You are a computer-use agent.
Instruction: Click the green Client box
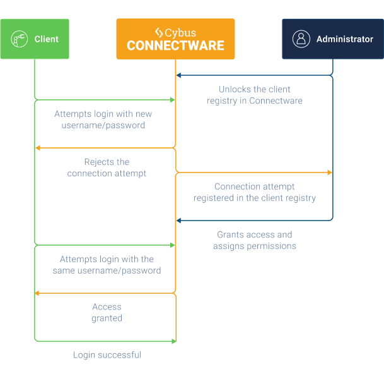pyautogui.click(x=35, y=39)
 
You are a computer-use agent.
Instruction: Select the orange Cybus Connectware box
pyautogui.click(x=175, y=39)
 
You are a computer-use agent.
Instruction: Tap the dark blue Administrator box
pyautogui.click(x=332, y=39)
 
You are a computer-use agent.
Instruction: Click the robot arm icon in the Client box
pyautogui.click(x=20, y=39)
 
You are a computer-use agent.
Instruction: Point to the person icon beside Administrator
pyautogui.click(x=301, y=39)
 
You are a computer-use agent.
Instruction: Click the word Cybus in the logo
pyautogui.click(x=180, y=32)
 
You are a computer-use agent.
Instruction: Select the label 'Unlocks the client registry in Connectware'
pyautogui.click(x=255, y=95)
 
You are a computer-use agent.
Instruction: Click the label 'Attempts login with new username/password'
pyautogui.click(x=103, y=120)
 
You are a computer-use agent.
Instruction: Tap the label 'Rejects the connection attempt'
pyautogui.click(x=107, y=168)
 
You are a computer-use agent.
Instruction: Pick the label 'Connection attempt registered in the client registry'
pyautogui.click(x=255, y=192)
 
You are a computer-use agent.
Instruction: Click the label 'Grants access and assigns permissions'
pyautogui.click(x=255, y=241)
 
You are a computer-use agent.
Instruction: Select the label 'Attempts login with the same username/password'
pyautogui.click(x=107, y=265)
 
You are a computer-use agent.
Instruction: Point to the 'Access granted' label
pyautogui.click(x=107, y=313)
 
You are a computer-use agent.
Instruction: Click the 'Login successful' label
pyautogui.click(x=107, y=355)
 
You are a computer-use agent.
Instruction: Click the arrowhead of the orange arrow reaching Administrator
pyautogui.click(x=329, y=172)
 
